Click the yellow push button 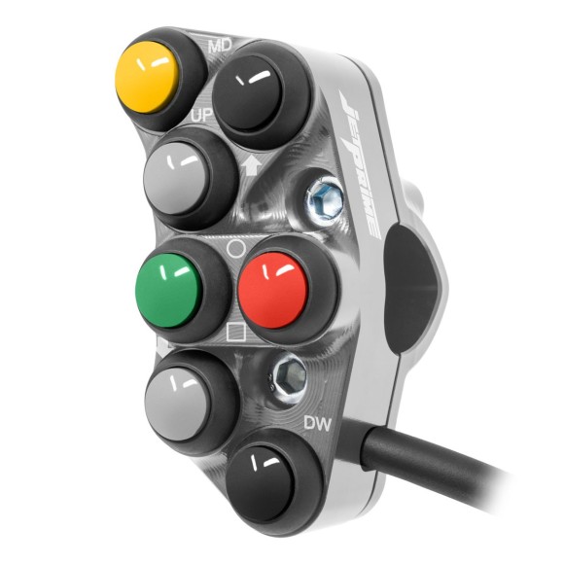click(148, 74)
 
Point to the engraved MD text click(220, 44)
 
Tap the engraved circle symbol click(234, 247)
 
